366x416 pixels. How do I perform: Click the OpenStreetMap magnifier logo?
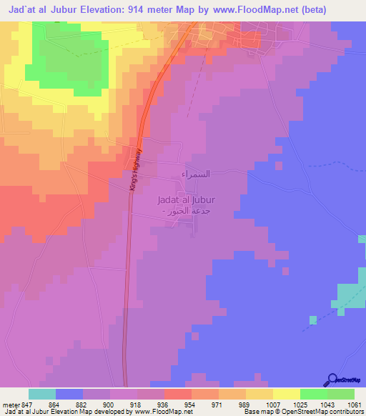coord(332,380)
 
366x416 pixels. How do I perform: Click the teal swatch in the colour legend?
coord(42,395)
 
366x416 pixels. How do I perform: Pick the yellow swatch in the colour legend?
coord(286,395)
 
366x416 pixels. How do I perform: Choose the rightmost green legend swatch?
coord(340,395)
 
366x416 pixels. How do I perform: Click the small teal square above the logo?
coord(312,319)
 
